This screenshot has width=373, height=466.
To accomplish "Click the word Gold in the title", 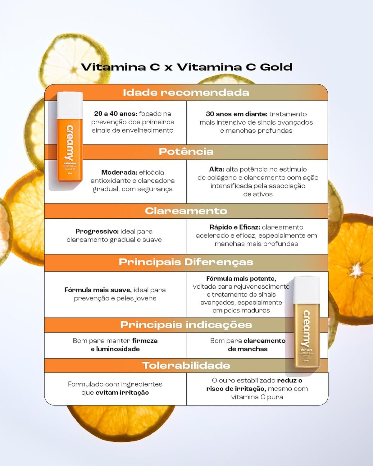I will pyautogui.click(x=276, y=67).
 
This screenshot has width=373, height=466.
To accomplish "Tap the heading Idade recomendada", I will pyautogui.click(x=186, y=93).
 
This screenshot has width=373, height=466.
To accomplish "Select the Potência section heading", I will pyautogui.click(x=186, y=152).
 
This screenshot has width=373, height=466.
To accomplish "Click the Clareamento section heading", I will pyautogui.click(x=186, y=211).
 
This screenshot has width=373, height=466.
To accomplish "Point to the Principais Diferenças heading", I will pyautogui.click(x=186, y=262).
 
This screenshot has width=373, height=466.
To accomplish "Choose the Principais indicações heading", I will pyautogui.click(x=186, y=325).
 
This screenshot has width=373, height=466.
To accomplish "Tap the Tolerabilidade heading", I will pyautogui.click(x=186, y=366).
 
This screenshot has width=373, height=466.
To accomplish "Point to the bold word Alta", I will pyautogui.click(x=216, y=170).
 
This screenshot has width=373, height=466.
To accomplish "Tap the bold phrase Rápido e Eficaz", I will pyautogui.click(x=234, y=227).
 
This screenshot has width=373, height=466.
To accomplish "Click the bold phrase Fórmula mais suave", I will pyautogui.click(x=98, y=290).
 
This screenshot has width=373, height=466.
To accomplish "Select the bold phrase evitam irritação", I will pyautogui.click(x=122, y=393).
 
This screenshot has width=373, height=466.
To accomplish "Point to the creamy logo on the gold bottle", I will pyautogui.click(x=307, y=328).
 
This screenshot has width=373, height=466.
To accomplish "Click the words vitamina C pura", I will pyautogui.click(x=257, y=397).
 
